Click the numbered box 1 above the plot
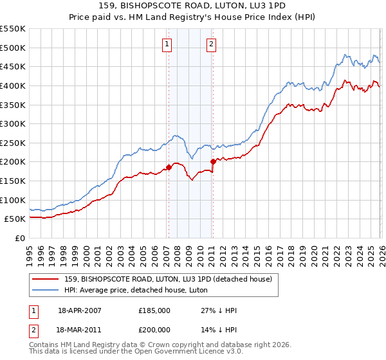tap(167, 44)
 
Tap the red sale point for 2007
tap(169, 167)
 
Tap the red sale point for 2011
tap(213, 161)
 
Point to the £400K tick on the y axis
tap(13, 85)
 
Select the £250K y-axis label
tap(13, 143)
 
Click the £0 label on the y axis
tap(19, 238)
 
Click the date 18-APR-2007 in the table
tap(80, 310)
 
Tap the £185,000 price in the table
tap(154, 310)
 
